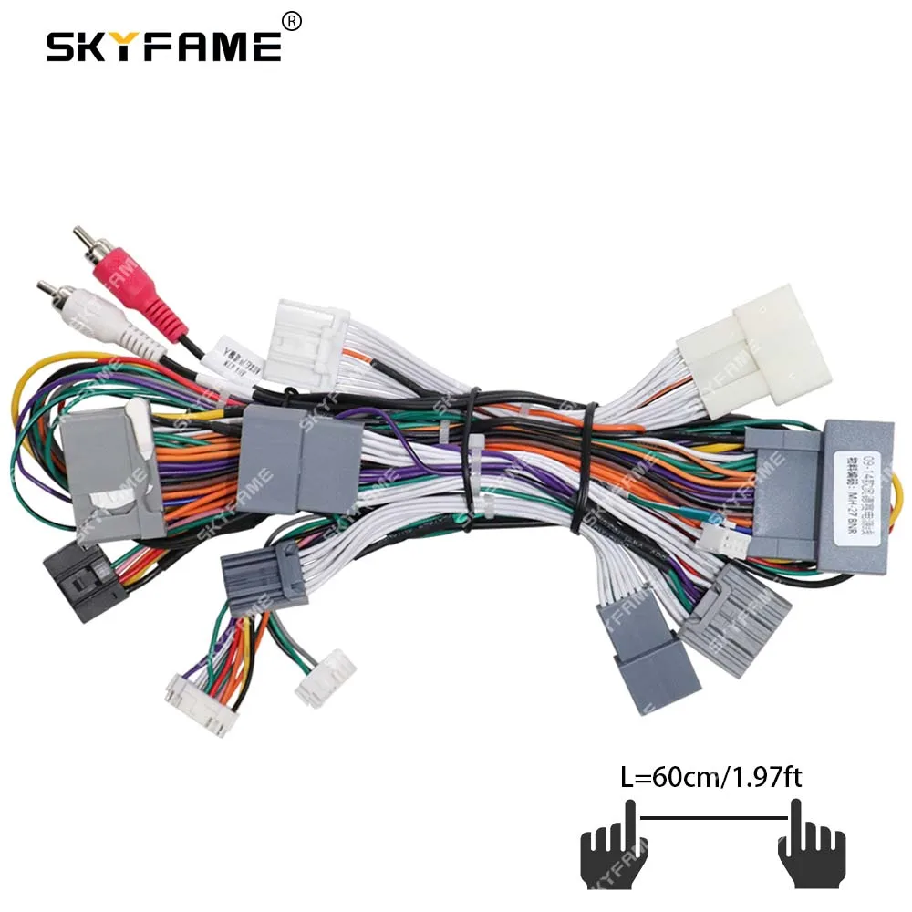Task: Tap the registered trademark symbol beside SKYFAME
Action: [x=292, y=19]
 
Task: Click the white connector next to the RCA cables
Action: [x=306, y=347]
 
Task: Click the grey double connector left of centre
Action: [x=301, y=461]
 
